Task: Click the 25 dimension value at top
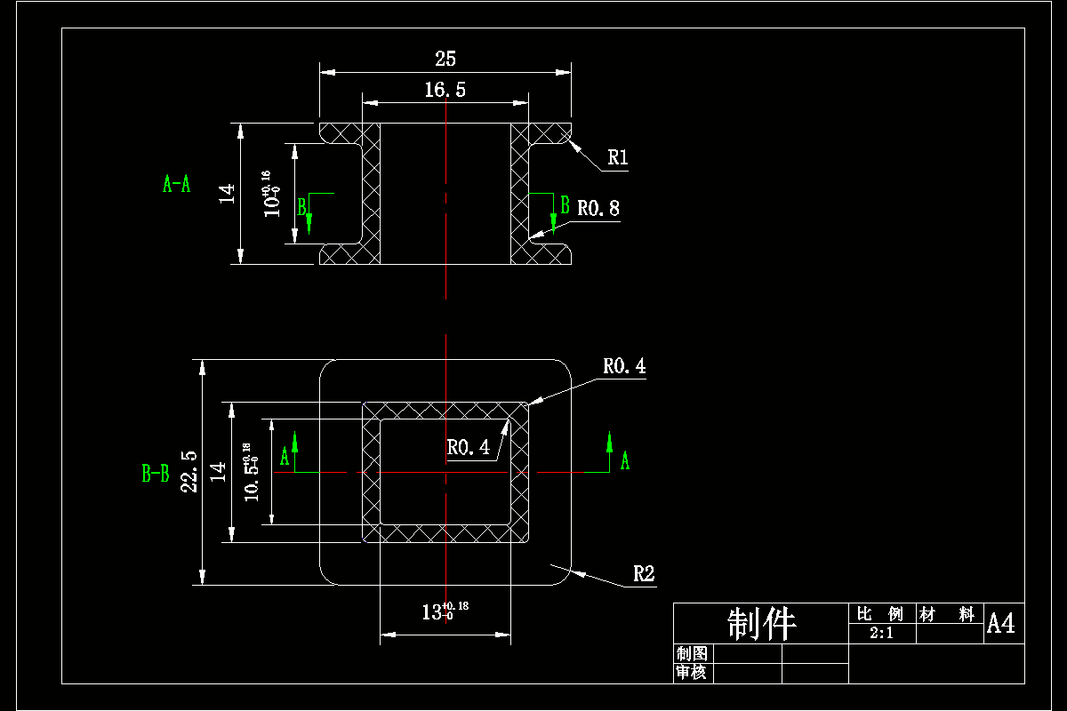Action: pos(445,60)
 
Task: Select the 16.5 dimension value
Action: pos(445,89)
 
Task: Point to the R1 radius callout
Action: pos(618,158)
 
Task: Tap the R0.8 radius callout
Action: pos(598,209)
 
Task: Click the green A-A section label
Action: pos(176,184)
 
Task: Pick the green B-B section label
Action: pos(156,474)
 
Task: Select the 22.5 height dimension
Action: pos(189,471)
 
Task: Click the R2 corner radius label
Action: pos(644,574)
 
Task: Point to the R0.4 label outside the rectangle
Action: pos(624,366)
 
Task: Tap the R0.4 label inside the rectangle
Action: pos(468,448)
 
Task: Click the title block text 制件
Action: pos(761,625)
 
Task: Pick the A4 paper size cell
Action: pos(1000,624)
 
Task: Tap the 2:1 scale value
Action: pos(881,634)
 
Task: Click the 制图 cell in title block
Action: pos(691,654)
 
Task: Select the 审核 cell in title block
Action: pos(691,673)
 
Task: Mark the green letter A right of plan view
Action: pos(624,460)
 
